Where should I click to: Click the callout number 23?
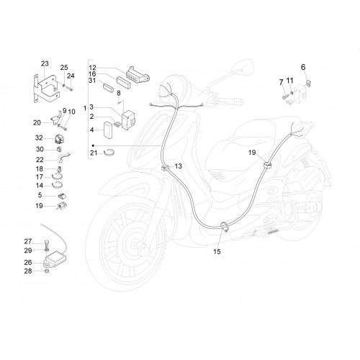pyautogui.click(x=45, y=63)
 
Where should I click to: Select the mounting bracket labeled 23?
pyautogui.click(x=46, y=89)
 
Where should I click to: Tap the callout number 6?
pyautogui.click(x=303, y=67)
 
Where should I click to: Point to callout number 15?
pyautogui.click(x=217, y=251)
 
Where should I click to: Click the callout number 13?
pyautogui.click(x=179, y=166)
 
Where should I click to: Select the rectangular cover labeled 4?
pyautogui.click(x=108, y=130)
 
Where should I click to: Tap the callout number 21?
pyautogui.click(x=94, y=153)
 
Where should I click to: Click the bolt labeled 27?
pyautogui.click(x=47, y=244)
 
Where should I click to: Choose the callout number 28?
pyautogui.click(x=28, y=271)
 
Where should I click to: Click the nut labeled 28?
pyautogui.click(x=47, y=271)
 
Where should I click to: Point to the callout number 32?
pyautogui.click(x=39, y=138)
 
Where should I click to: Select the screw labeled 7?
pyautogui.click(x=285, y=97)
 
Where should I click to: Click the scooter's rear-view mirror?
pyautogui.click(x=243, y=67)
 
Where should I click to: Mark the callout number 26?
pyautogui.click(x=28, y=262)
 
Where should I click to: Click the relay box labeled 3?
pyautogui.click(x=129, y=120)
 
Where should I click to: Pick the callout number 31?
pyautogui.click(x=92, y=81)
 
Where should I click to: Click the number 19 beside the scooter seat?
pyautogui.click(x=252, y=153)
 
